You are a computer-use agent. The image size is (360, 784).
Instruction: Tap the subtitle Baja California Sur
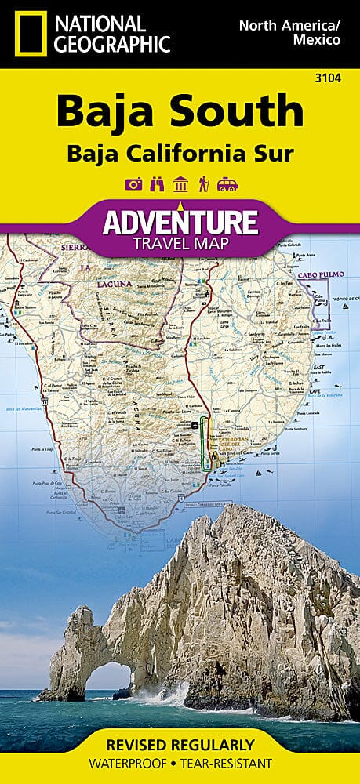(x=180, y=153)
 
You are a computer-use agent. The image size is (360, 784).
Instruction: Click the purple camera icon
(x=133, y=184)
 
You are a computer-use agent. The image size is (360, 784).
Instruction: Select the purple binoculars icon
(x=155, y=184)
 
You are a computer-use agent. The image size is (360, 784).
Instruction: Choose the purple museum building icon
(x=180, y=184)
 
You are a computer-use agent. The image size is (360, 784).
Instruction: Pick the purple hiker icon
(x=202, y=184)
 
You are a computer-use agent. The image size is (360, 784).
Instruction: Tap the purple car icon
(x=227, y=184)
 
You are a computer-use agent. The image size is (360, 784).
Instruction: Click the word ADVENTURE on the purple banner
(x=180, y=222)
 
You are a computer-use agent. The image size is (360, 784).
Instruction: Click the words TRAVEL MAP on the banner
(x=180, y=243)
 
